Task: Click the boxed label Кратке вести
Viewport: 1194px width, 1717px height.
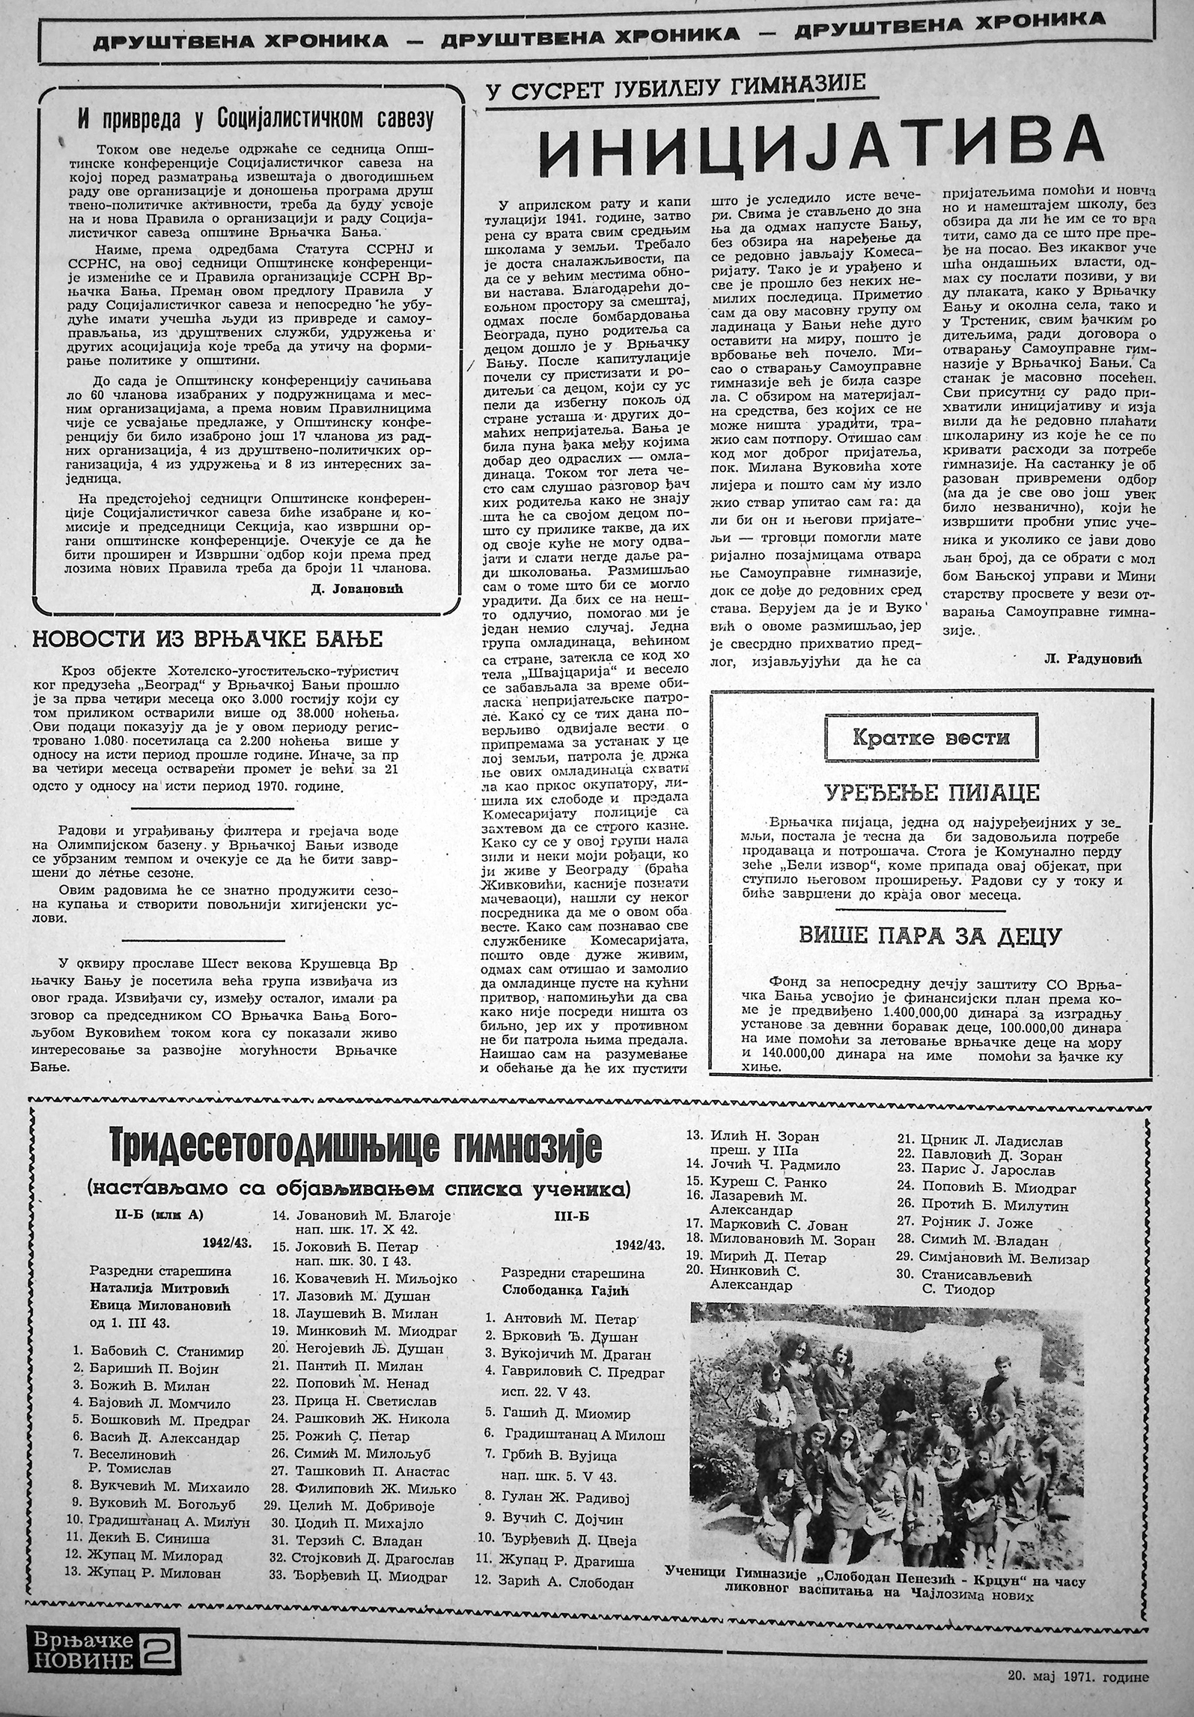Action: click(930, 737)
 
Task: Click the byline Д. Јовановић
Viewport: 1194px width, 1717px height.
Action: click(366, 590)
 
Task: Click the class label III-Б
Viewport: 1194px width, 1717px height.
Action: click(573, 1216)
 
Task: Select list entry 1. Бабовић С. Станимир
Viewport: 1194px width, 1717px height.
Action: click(158, 1331)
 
